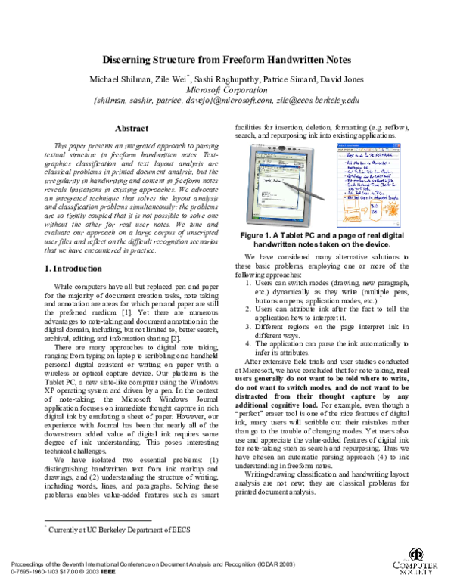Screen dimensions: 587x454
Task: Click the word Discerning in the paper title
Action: [132, 60]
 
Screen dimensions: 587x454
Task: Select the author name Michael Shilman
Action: [117, 79]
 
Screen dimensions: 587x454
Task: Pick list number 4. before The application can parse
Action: [250, 345]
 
